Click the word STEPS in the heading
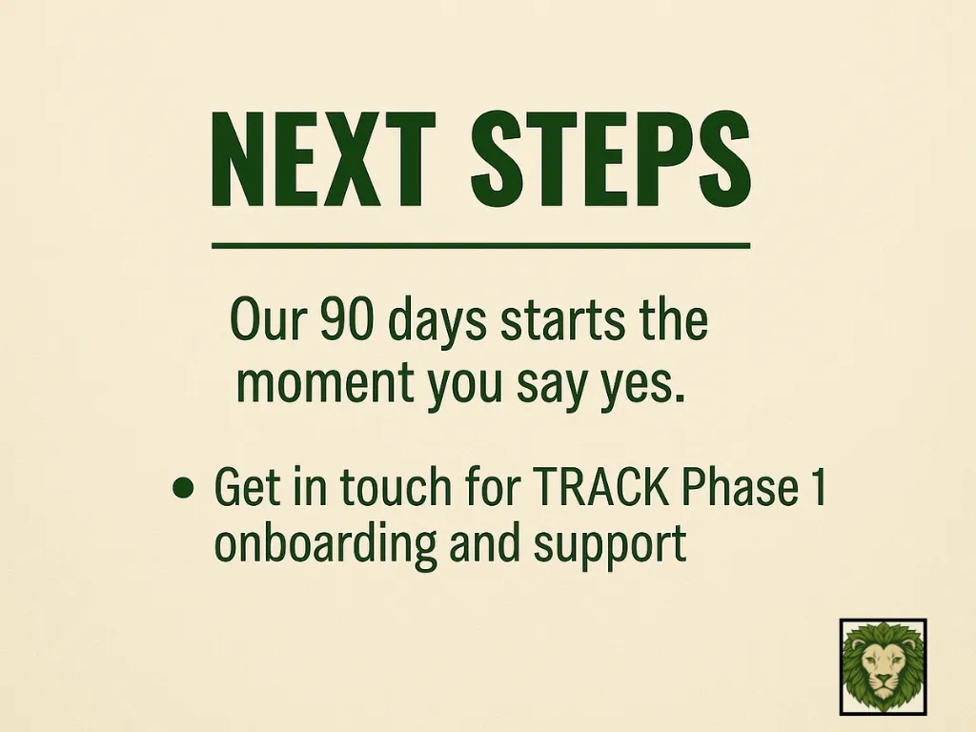tap(611, 159)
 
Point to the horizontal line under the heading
tap(480, 246)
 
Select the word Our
tap(269, 318)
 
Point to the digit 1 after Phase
tap(818, 486)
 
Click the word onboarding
tap(325, 542)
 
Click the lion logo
tap(884, 666)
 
